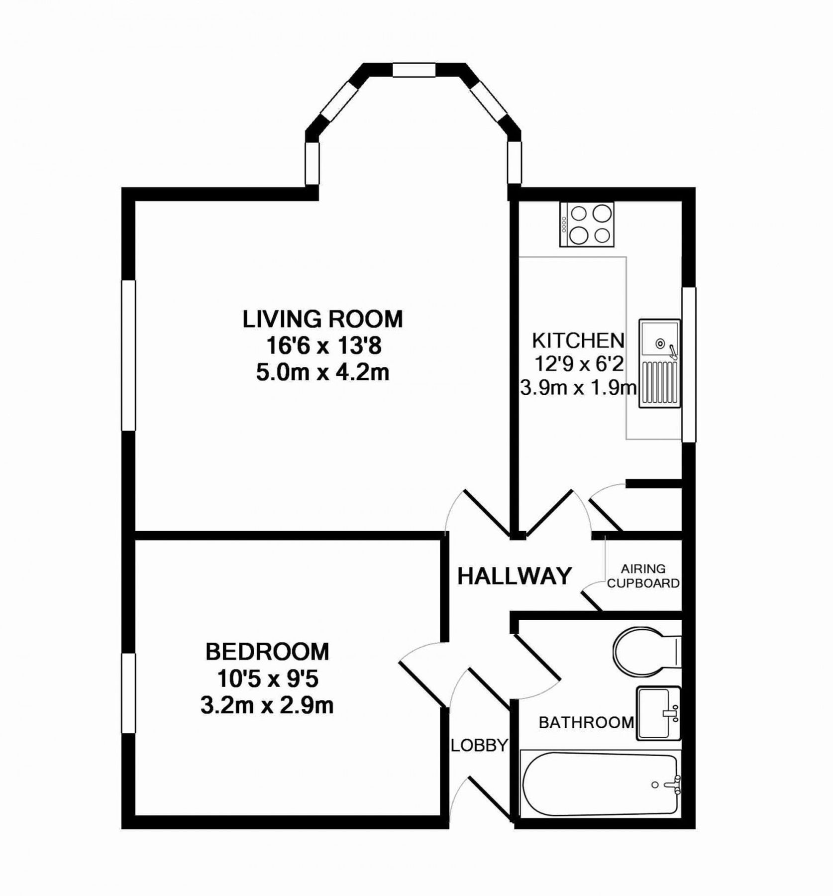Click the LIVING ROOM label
coord(322,319)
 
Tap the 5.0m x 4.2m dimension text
coord(322,372)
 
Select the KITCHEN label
coord(578,340)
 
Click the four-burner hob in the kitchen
coord(587,224)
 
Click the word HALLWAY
coord(515,576)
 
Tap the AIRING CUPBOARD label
coord(643,576)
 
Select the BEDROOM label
coord(267,652)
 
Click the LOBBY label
coord(479,745)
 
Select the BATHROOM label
coord(586,722)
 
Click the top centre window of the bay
coord(414,70)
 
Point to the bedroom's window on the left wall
coord(129,693)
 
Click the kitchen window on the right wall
coord(689,364)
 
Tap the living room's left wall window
coord(129,355)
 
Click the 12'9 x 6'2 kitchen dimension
coord(579,364)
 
